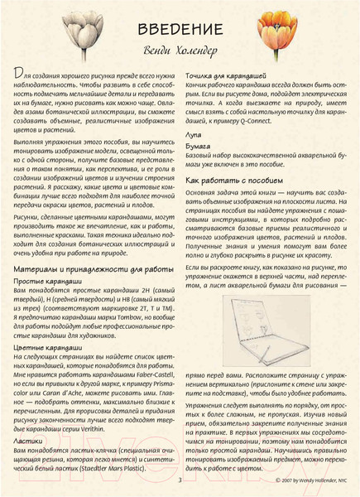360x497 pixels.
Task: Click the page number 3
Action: click(179, 478)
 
